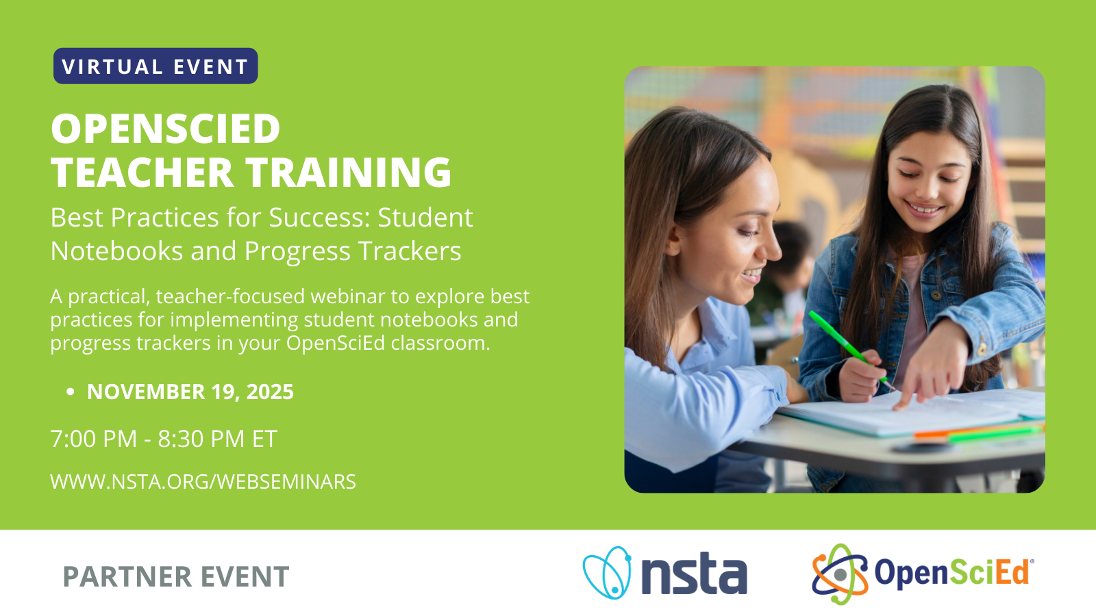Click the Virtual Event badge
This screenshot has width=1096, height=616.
click(x=155, y=66)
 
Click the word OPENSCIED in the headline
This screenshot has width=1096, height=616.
click(x=166, y=129)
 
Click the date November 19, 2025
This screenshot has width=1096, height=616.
click(x=190, y=392)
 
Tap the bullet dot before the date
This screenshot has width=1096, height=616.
click(x=70, y=392)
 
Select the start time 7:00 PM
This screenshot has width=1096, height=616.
click(x=94, y=439)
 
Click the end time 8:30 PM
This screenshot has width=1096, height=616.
click(x=201, y=439)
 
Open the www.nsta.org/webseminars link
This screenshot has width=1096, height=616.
click(x=203, y=482)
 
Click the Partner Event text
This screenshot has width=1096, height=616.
click(x=176, y=577)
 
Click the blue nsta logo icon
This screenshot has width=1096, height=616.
click(x=607, y=572)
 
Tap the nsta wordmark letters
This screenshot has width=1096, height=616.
click(x=694, y=574)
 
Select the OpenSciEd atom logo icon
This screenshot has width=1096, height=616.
click(x=840, y=574)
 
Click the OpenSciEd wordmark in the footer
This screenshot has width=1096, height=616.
click(x=953, y=573)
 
